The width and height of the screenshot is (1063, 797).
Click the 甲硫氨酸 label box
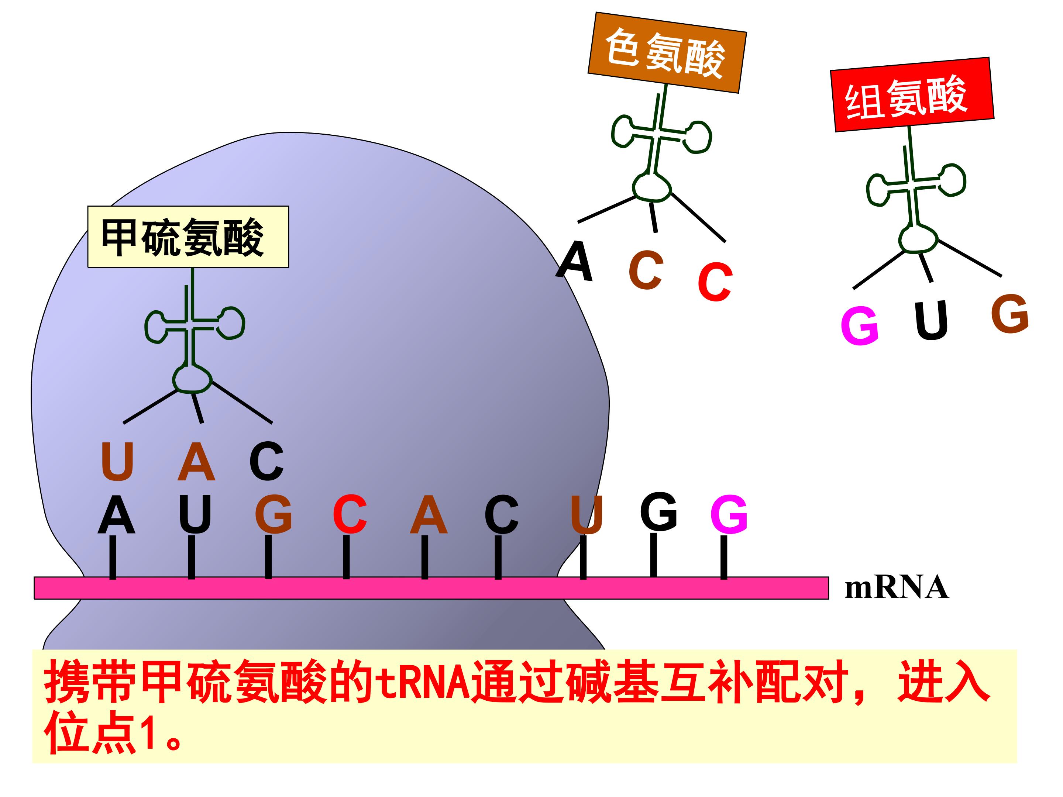(x=188, y=237)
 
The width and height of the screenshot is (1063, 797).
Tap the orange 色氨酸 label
(x=667, y=52)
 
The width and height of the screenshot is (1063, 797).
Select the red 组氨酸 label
(x=912, y=94)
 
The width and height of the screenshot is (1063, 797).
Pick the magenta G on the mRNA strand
(x=729, y=514)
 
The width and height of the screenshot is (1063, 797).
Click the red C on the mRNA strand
(x=350, y=514)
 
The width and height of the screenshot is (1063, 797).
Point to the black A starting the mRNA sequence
(x=116, y=515)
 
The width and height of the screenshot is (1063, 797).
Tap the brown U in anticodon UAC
(x=117, y=461)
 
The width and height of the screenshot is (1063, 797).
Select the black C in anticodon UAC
(x=267, y=461)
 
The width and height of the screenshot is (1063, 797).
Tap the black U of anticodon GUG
(x=931, y=320)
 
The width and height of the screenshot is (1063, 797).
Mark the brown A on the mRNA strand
(x=429, y=515)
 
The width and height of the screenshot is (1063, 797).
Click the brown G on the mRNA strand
(x=274, y=514)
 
